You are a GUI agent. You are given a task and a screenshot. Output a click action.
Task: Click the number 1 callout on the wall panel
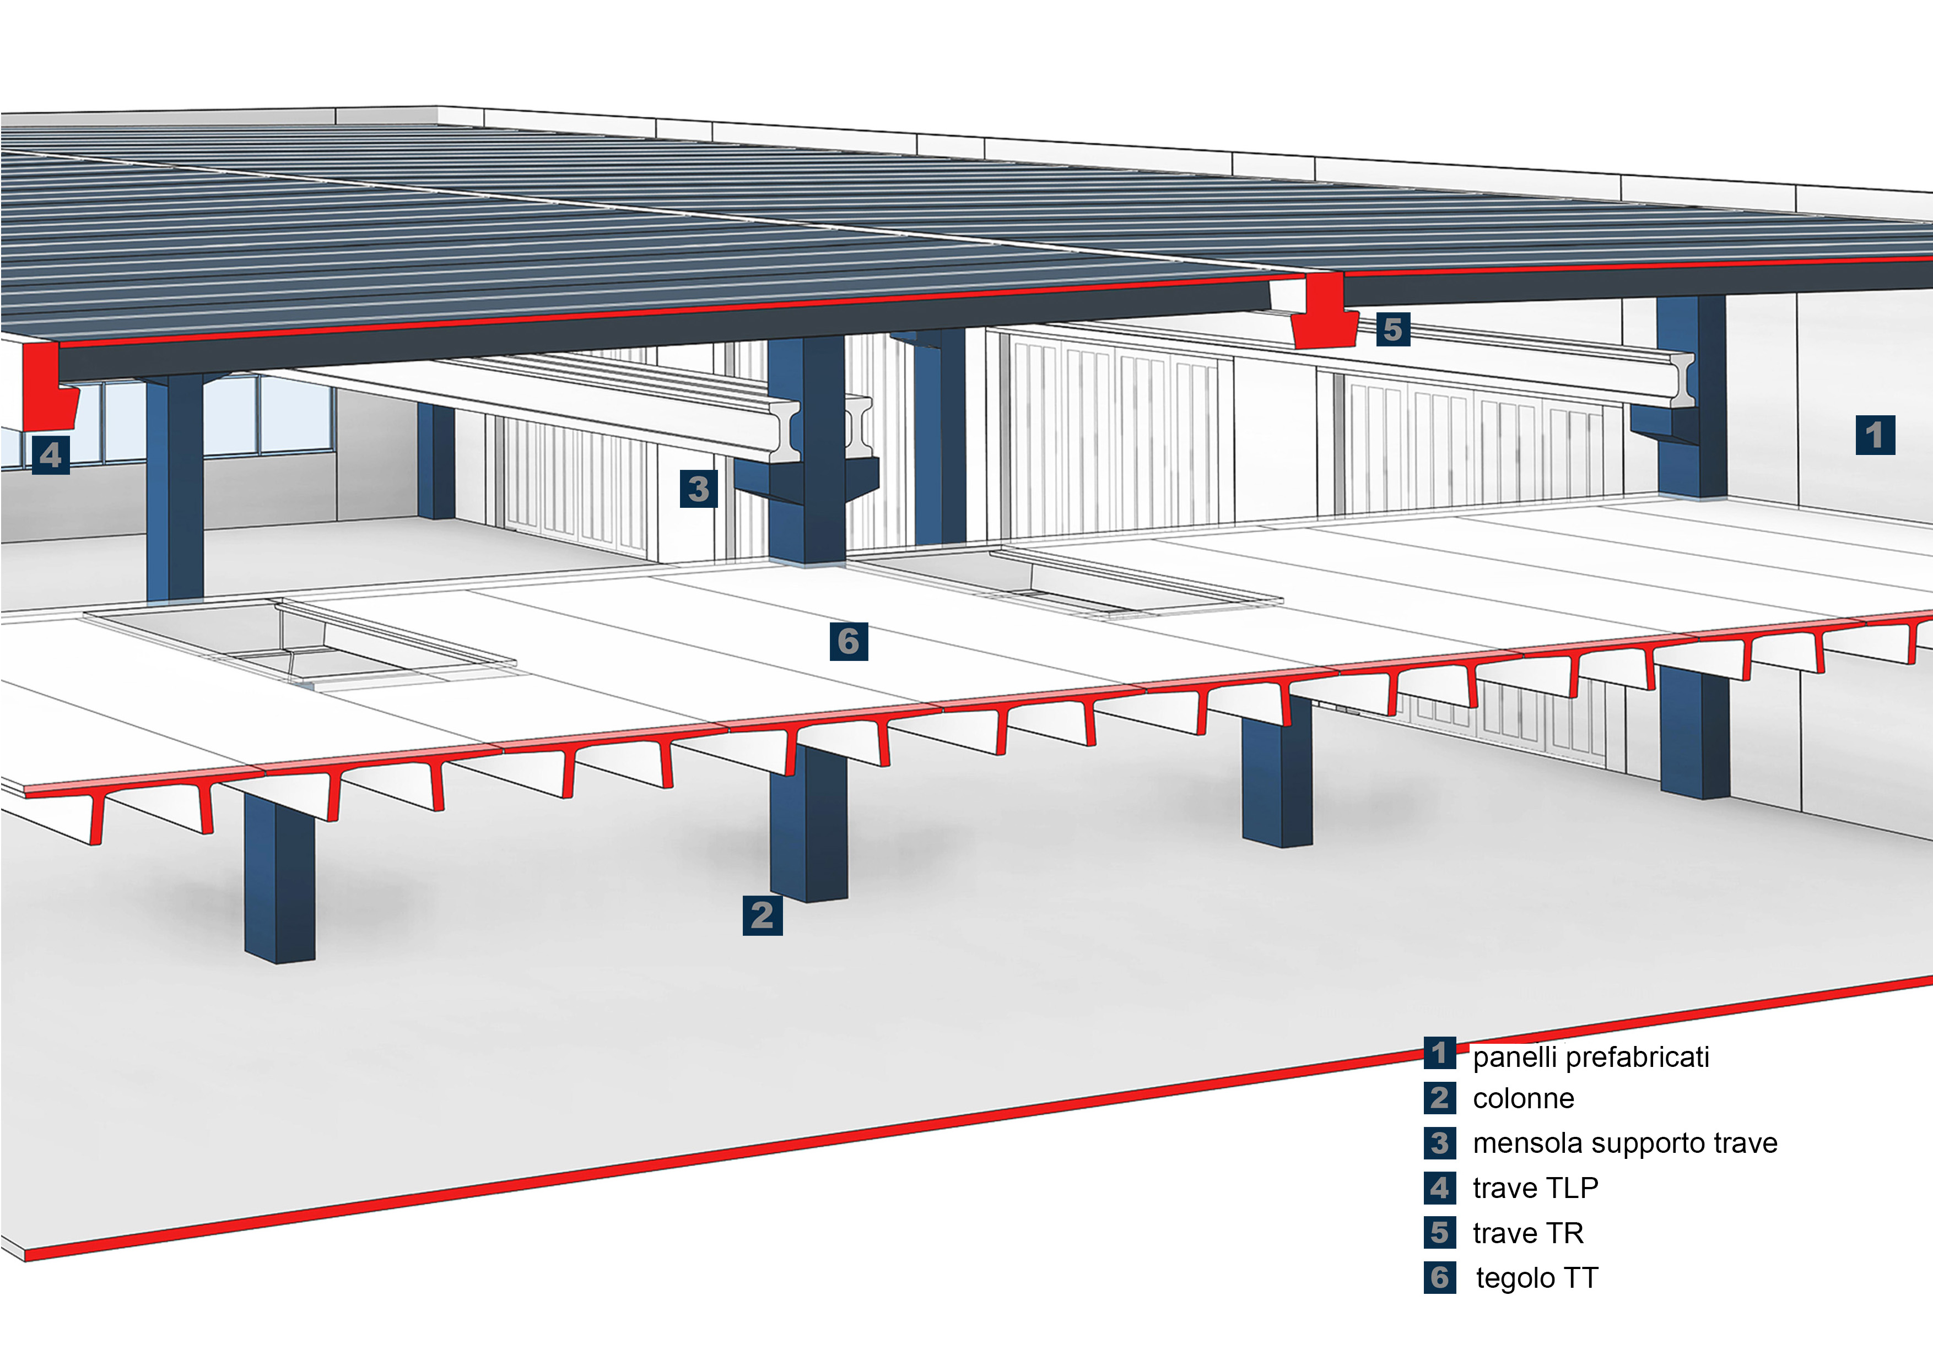[1875, 435]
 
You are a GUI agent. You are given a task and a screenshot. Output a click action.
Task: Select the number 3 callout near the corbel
[699, 489]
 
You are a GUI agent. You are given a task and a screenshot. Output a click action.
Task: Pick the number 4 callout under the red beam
[51, 456]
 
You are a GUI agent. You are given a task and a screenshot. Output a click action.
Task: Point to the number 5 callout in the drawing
[1394, 329]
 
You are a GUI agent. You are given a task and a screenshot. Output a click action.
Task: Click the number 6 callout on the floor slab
[849, 641]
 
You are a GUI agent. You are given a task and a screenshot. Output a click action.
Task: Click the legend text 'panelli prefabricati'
[1590, 1057]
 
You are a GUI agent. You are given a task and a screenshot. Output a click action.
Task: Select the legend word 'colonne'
[1523, 1098]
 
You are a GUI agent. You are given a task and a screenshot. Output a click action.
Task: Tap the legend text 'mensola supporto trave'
[1625, 1143]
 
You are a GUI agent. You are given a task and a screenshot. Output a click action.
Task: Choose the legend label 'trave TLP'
[1535, 1188]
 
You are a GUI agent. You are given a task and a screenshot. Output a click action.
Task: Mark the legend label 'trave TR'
[1528, 1233]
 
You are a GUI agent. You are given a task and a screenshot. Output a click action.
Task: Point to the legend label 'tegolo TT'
[1536, 1278]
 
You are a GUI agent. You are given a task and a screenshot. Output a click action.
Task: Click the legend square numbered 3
[1440, 1143]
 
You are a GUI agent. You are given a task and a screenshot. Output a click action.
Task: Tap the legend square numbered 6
[1440, 1278]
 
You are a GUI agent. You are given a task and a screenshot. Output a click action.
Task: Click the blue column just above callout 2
[808, 825]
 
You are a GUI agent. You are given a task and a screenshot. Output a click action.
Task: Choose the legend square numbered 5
[1440, 1233]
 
